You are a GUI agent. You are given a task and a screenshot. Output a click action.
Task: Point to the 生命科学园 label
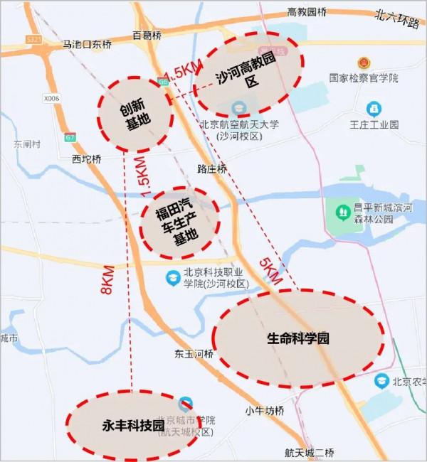298,339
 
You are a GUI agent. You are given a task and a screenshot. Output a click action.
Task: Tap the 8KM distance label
108,280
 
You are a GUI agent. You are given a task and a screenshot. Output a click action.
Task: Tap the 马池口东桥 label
87,44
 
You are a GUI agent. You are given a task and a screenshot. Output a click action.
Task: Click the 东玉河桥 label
193,353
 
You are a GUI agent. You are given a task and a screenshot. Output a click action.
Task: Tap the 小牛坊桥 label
265,411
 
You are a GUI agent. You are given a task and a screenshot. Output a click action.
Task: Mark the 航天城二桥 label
309,453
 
